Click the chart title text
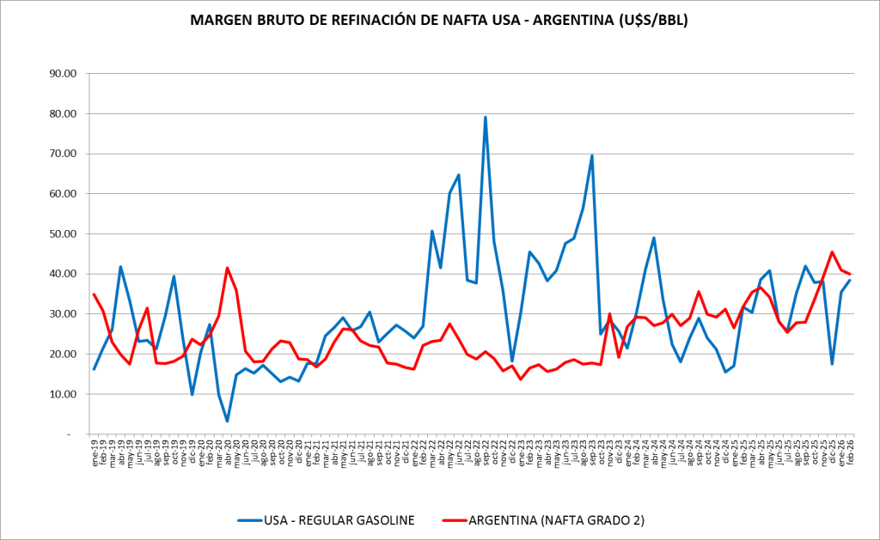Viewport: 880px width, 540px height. click(440, 20)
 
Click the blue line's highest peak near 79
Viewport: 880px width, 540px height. click(486, 118)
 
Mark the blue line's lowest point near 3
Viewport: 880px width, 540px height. click(227, 421)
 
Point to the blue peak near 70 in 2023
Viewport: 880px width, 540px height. click(592, 155)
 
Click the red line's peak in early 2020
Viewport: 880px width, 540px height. click(227, 268)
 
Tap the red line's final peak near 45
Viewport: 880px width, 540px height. click(832, 252)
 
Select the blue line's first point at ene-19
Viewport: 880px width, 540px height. click(94, 369)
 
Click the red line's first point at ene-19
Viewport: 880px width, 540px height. click(94, 294)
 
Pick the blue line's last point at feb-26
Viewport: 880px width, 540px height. click(850, 280)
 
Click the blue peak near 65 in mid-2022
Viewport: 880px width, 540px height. click(459, 175)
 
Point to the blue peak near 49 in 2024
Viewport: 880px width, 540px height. click(654, 238)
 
